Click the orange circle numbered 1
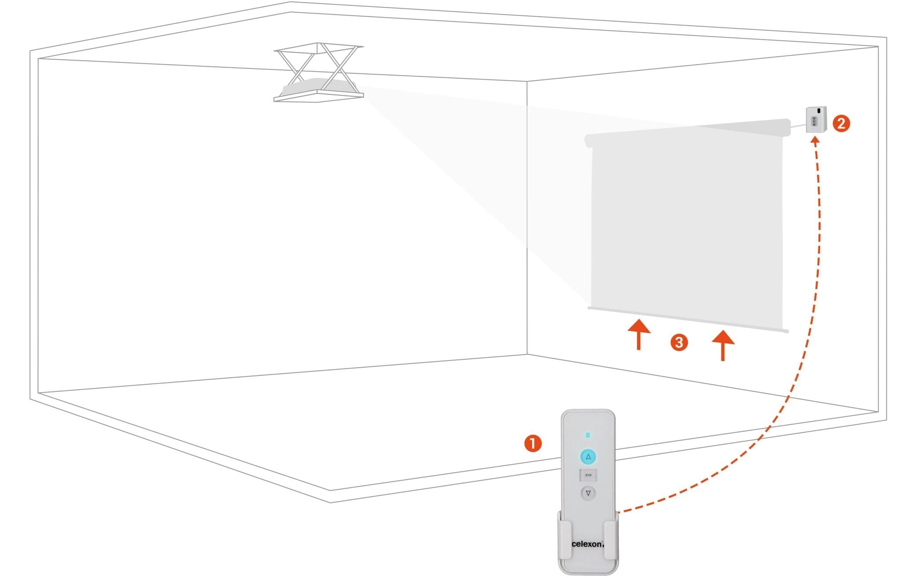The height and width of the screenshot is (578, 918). [533, 443]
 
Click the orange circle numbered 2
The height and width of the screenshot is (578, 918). [841, 123]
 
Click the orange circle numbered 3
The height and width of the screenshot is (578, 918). [679, 342]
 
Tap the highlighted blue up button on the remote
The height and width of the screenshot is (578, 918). [588, 457]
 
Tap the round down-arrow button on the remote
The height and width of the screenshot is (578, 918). [588, 493]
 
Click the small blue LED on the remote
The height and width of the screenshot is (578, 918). [588, 435]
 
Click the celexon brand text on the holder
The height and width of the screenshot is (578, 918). [587, 544]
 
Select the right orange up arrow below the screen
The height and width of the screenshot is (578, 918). [723, 345]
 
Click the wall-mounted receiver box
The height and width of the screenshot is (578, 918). [816, 119]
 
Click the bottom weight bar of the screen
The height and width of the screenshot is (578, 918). [688, 319]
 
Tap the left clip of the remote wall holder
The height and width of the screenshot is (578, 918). [565, 540]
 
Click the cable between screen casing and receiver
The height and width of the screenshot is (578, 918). [798, 127]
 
